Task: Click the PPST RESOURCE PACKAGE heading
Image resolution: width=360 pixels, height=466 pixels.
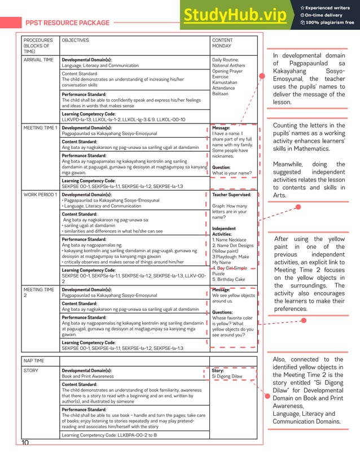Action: (x=67, y=23)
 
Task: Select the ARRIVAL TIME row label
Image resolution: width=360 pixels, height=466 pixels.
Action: (x=38, y=59)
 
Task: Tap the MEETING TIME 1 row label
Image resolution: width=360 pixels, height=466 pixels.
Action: (x=40, y=128)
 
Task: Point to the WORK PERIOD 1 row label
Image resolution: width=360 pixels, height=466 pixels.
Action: (x=40, y=195)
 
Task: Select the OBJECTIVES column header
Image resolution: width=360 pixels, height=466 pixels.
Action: (x=75, y=41)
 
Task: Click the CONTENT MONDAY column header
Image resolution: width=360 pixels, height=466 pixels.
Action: (x=222, y=43)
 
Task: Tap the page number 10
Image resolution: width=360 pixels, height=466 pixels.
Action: (x=25, y=443)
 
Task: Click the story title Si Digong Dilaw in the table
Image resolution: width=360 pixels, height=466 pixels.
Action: (x=227, y=376)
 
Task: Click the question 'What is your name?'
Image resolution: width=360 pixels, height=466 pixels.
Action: (x=231, y=173)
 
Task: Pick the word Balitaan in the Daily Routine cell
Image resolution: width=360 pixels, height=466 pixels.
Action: (x=221, y=94)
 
